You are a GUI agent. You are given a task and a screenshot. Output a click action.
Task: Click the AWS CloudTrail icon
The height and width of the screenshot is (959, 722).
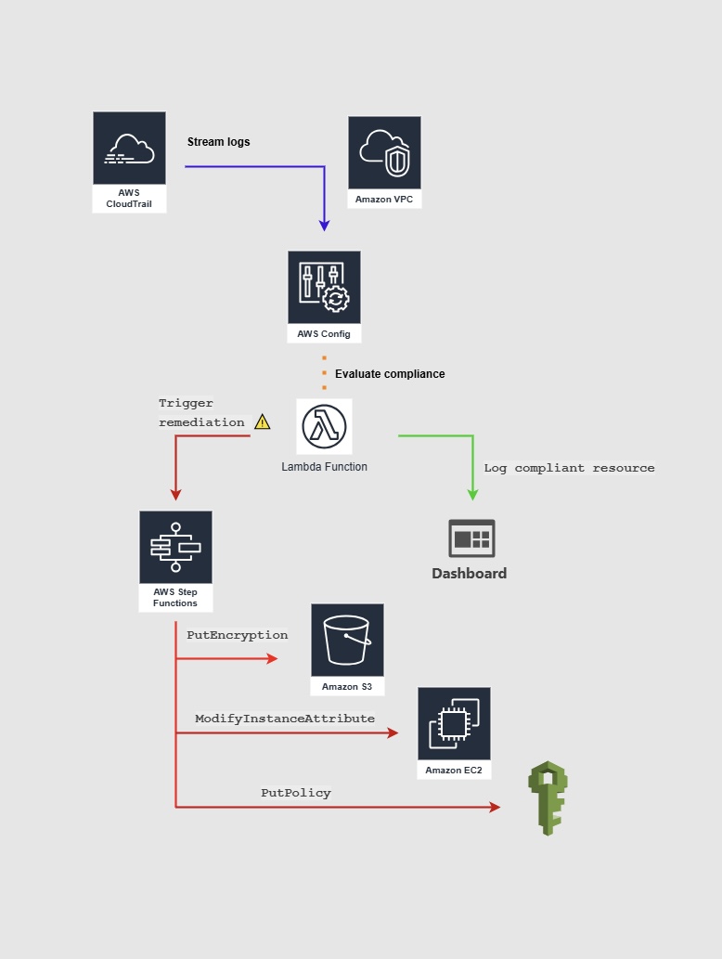(x=129, y=149)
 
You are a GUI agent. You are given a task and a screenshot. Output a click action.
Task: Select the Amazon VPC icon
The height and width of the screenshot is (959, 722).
(x=384, y=152)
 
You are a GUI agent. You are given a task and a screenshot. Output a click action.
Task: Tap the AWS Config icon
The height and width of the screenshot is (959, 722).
(x=324, y=287)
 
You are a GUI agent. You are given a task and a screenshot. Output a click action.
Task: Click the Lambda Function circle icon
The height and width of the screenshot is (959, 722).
(x=324, y=427)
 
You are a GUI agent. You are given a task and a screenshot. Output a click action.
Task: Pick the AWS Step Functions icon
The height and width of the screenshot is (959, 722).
(x=175, y=547)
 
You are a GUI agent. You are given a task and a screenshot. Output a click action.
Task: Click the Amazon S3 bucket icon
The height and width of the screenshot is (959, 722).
(x=347, y=640)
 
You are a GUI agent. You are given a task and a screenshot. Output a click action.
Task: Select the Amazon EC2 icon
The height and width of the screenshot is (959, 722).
(x=454, y=723)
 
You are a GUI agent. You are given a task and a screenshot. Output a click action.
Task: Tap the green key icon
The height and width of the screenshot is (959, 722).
(x=547, y=797)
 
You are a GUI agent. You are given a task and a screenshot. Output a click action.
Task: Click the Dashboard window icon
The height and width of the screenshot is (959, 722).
(x=471, y=538)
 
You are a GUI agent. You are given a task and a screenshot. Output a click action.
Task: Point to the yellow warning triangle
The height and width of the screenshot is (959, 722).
(x=263, y=421)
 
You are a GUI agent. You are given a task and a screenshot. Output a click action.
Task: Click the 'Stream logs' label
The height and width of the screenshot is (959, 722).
(x=219, y=142)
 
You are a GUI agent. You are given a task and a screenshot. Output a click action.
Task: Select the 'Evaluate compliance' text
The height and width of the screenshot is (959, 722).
(x=390, y=374)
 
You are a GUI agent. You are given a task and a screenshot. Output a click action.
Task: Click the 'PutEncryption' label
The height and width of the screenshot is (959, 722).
(x=238, y=636)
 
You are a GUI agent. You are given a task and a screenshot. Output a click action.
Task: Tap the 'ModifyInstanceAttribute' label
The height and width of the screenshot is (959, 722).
(x=285, y=719)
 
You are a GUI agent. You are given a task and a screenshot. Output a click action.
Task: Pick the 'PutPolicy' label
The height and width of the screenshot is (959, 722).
(x=296, y=794)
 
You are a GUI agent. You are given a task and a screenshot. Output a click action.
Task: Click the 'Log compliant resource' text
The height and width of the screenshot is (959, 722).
(x=569, y=468)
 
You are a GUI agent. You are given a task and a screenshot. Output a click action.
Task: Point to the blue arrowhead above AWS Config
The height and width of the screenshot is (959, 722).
(x=324, y=225)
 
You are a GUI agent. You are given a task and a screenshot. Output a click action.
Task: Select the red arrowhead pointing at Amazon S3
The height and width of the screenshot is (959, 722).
(x=272, y=659)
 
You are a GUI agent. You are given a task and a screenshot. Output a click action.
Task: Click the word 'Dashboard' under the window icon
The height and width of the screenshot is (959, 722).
(x=469, y=574)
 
